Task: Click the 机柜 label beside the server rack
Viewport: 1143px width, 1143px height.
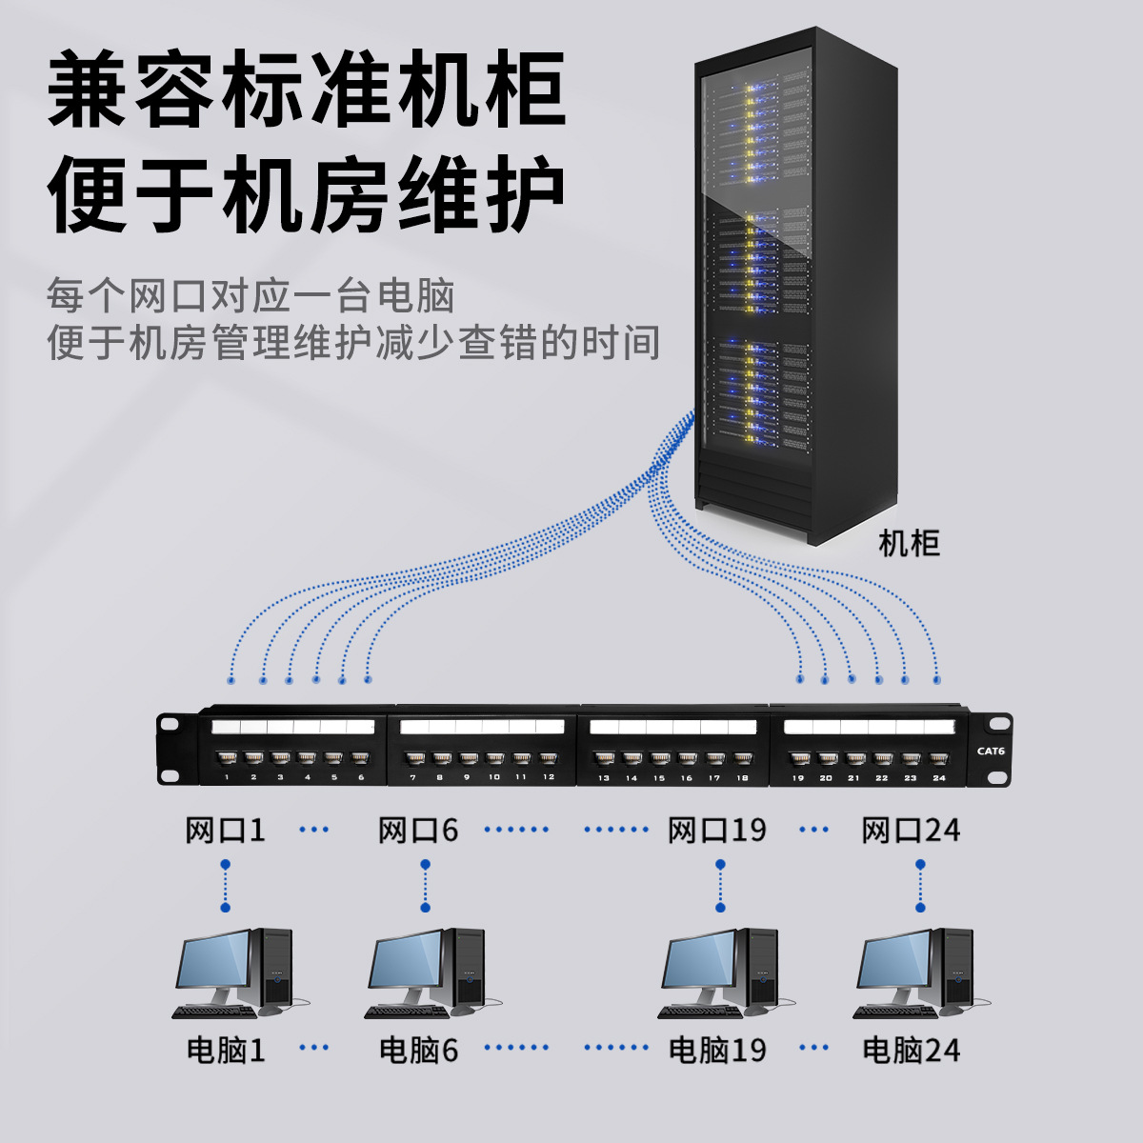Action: (x=908, y=544)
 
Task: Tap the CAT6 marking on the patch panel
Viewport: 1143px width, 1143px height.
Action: (x=991, y=751)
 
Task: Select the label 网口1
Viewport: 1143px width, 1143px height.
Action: (x=226, y=831)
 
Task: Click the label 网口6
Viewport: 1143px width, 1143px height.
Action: (x=418, y=831)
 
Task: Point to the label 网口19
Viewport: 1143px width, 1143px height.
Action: (x=717, y=831)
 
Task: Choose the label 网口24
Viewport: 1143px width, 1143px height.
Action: (x=911, y=831)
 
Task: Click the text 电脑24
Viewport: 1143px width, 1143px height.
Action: (x=911, y=1051)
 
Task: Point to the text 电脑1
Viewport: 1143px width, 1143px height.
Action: (x=226, y=1051)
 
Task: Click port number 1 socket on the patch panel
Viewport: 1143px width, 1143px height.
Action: (x=227, y=760)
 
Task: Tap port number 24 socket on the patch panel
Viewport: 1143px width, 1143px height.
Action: (x=939, y=760)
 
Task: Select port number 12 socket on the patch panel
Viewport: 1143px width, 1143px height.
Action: (x=548, y=760)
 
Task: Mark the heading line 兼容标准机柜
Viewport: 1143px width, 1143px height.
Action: (x=307, y=92)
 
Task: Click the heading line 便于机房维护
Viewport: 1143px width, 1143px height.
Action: (x=307, y=197)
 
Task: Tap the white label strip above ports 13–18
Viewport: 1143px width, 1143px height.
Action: (x=672, y=728)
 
